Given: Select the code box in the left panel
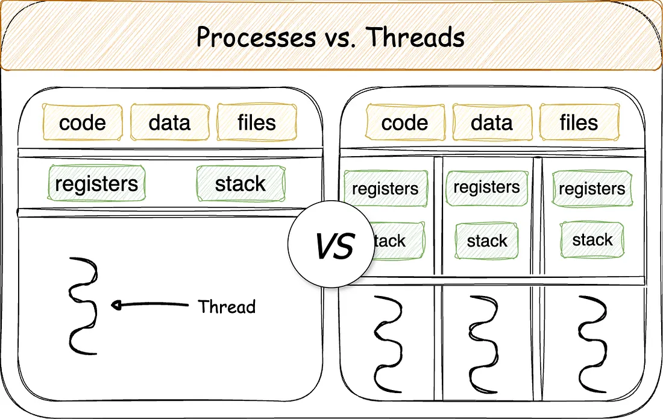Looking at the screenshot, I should pyautogui.click(x=83, y=122).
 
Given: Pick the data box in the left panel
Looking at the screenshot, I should pyautogui.click(x=169, y=122).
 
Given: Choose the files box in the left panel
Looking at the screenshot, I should pyautogui.click(x=257, y=122).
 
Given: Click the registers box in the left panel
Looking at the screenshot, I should pyautogui.click(x=96, y=184).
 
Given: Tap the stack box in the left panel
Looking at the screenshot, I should pyautogui.click(x=240, y=184).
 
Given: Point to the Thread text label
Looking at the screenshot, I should pyautogui.click(x=227, y=306).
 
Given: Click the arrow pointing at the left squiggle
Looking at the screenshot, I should pyautogui.click(x=151, y=305).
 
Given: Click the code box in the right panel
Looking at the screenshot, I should pyautogui.click(x=404, y=123).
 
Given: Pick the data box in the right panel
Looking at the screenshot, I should pyautogui.click(x=492, y=123).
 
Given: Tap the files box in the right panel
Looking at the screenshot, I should pyautogui.click(x=579, y=123).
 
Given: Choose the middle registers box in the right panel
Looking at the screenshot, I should pyautogui.click(x=486, y=187).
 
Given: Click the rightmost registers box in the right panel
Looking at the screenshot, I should pyautogui.click(x=592, y=189).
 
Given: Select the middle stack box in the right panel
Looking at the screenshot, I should pyautogui.click(x=487, y=242).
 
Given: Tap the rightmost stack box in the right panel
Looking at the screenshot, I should pyautogui.click(x=592, y=240).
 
